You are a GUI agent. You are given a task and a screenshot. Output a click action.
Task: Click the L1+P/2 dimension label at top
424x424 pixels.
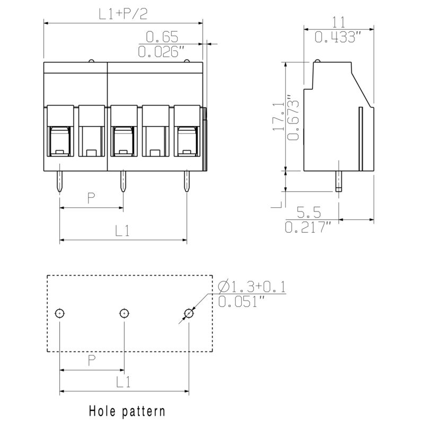[123, 14]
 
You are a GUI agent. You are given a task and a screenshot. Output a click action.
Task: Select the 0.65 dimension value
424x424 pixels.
[162, 37]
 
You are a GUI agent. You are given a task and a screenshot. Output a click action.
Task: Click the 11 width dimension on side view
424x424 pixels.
[339, 22]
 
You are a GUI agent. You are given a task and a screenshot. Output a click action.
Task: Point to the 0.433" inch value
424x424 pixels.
[339, 37]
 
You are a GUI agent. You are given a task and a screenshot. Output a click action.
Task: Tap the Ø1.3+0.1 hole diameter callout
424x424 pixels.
[252, 287]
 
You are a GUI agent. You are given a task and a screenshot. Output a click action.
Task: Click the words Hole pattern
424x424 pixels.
[127, 411]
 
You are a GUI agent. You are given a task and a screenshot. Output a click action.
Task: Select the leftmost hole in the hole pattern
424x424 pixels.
[60, 313]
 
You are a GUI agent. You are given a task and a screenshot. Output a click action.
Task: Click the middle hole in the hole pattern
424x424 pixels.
[124, 313]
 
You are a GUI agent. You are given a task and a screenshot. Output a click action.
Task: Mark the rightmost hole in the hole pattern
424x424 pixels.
[188, 313]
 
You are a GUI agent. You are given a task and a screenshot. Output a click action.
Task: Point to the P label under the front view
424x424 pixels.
[91, 199]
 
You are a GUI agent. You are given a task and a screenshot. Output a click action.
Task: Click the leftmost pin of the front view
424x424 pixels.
[60, 182]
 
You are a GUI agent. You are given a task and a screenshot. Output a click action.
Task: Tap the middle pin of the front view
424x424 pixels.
[123, 182]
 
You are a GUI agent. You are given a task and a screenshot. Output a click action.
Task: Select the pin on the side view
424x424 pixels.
[338, 181]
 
